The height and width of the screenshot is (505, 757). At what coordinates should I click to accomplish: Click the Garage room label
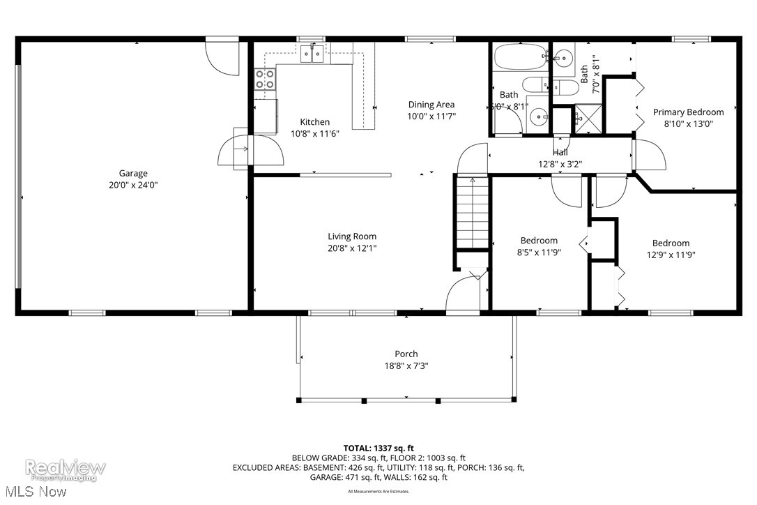pyautogui.click(x=132, y=173)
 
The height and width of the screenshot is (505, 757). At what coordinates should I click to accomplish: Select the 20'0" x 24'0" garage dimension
pyautogui.click(x=132, y=186)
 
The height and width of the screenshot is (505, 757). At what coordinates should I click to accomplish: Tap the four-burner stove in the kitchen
pyautogui.click(x=264, y=79)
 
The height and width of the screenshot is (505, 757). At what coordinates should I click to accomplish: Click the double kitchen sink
pyautogui.click(x=312, y=53)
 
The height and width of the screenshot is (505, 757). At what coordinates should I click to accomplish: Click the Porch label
pyautogui.click(x=406, y=354)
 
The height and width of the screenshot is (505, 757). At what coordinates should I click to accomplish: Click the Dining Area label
pyautogui.click(x=431, y=105)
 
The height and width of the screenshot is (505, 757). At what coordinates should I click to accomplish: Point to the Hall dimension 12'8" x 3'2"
pyautogui.click(x=560, y=165)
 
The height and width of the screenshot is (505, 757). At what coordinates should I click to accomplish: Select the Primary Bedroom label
pyautogui.click(x=687, y=112)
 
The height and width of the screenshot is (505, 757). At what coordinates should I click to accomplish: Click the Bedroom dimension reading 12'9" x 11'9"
pyautogui.click(x=671, y=255)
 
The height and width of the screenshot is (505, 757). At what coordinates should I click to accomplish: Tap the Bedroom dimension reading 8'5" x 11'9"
pyautogui.click(x=538, y=252)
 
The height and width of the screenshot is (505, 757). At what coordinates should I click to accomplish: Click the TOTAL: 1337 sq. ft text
pyautogui.click(x=378, y=448)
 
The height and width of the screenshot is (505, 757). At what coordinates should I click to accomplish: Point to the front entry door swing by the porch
pyautogui.click(x=461, y=293)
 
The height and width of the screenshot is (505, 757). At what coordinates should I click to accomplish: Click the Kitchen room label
pyautogui.click(x=314, y=122)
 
